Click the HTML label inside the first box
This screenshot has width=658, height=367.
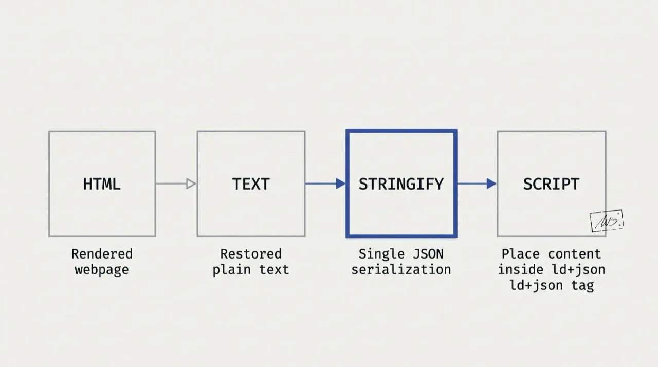click(x=102, y=184)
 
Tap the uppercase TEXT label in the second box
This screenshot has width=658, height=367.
click(x=251, y=184)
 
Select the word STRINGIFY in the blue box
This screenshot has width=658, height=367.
click(x=401, y=184)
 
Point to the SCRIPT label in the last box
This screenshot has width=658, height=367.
click(x=552, y=184)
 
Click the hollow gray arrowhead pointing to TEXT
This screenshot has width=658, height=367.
click(x=191, y=184)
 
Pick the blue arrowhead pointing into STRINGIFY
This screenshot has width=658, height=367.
click(x=341, y=184)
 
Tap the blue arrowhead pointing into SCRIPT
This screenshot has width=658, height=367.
click(x=491, y=184)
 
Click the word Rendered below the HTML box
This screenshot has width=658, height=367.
click(x=102, y=254)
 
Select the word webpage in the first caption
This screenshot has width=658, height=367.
click(x=102, y=270)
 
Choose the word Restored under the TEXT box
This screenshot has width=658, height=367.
click(x=251, y=254)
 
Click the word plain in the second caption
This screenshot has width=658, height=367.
click(x=232, y=270)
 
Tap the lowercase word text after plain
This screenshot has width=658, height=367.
click(x=274, y=270)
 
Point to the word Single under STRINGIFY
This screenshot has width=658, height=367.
click(x=382, y=254)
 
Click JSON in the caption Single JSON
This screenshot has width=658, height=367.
click(x=428, y=254)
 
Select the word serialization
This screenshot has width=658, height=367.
click(x=401, y=270)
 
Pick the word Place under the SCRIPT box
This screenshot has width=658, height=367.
click(x=521, y=254)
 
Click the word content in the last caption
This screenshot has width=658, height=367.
click(x=575, y=254)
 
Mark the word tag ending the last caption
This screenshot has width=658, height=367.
click(x=582, y=286)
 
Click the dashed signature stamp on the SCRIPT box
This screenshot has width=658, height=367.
click(x=607, y=221)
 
